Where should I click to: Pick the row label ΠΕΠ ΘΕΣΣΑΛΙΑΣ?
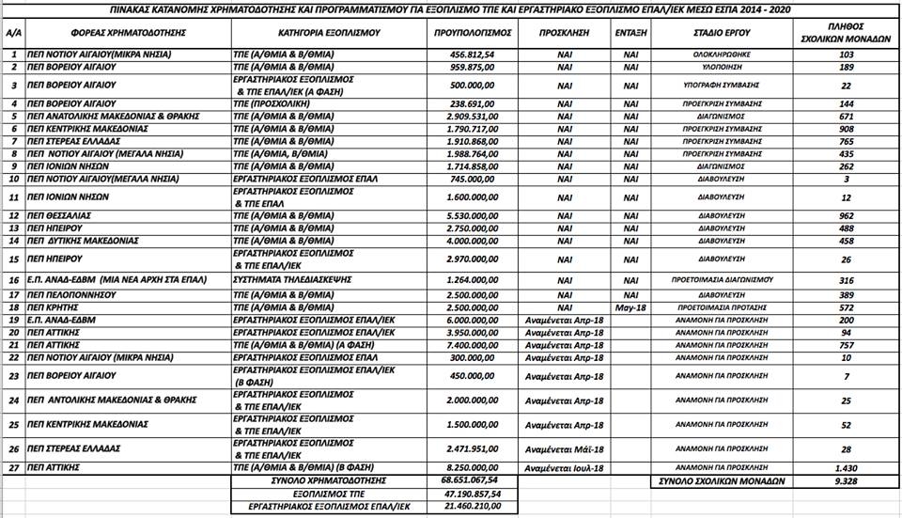(65, 214)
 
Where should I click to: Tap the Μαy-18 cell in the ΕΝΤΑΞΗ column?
(630, 306)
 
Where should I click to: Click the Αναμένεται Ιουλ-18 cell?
(564, 467)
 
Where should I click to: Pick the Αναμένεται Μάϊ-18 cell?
(564, 448)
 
